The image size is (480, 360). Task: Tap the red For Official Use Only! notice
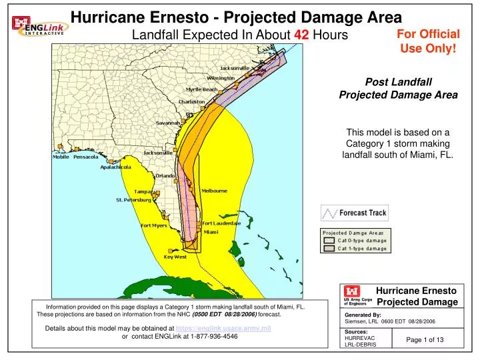coord(428,41)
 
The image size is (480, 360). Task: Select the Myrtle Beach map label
coord(201,89)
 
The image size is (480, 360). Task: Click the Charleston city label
coord(191,102)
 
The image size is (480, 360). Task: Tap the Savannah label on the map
coord(168,123)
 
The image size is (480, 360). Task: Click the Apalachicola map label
coord(115,167)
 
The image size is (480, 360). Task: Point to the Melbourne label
coord(214,191)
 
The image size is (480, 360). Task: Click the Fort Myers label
coord(153,225)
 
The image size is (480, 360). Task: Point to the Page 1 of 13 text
coord(425,341)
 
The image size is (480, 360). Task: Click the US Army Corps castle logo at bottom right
coord(351,291)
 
